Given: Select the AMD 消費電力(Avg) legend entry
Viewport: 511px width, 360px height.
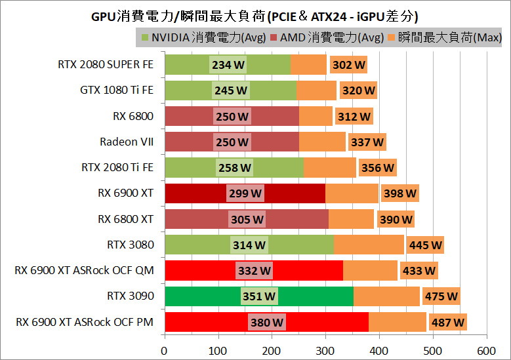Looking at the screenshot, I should pos(327,37).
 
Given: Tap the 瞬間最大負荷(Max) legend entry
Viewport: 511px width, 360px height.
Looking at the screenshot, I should pos(446,37).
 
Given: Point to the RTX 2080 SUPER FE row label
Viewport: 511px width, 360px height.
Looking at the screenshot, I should pos(106,64).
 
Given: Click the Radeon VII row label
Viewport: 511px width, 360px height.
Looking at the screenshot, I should pos(127,142).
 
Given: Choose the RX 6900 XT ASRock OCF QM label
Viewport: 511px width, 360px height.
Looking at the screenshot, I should pos(84,270).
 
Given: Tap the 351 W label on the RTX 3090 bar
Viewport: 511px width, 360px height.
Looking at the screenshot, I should pos(259,296).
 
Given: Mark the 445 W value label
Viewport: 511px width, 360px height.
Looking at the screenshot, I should pos(425,245).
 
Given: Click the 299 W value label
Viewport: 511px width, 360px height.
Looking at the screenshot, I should pos(245,193).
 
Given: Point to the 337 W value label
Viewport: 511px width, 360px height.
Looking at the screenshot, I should pos(367,142).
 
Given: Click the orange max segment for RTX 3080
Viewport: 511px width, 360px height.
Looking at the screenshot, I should pos(369,245).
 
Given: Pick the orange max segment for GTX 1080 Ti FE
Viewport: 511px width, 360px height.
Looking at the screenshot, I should pos(316,90).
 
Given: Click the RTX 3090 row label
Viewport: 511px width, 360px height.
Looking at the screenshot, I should pos(131,296).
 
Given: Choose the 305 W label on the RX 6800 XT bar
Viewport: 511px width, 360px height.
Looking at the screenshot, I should pos(248,219).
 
